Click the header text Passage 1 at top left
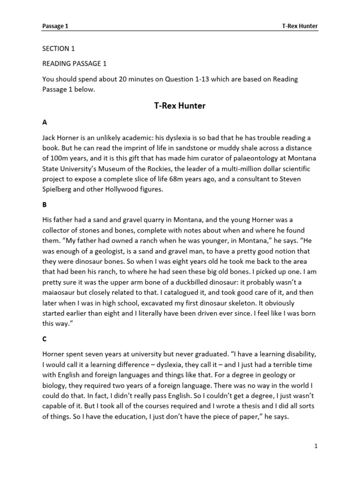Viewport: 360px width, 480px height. click(x=55, y=27)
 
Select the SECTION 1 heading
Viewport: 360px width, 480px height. click(x=59, y=49)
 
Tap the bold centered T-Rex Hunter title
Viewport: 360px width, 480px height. click(x=180, y=106)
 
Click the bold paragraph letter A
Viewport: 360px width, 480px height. click(x=45, y=122)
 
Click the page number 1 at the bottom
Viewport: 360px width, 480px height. click(x=316, y=446)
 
